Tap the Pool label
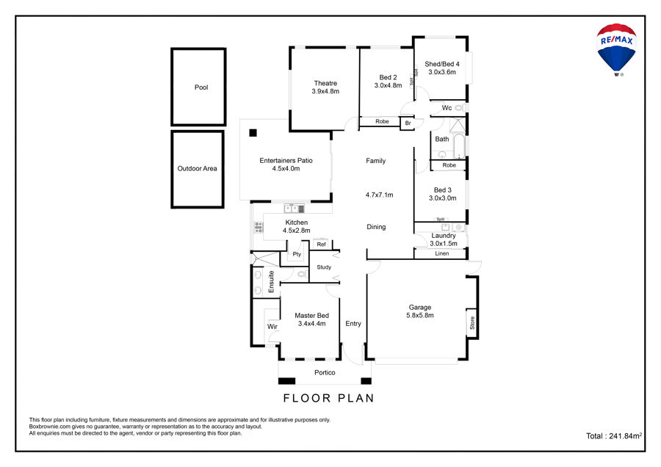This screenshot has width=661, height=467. tap(201, 87)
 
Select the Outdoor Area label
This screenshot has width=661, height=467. tap(197, 169)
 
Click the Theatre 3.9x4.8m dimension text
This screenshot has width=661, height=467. tap(325, 91)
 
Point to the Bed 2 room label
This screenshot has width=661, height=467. tap(388, 78)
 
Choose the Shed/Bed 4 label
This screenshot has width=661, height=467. tap(442, 64)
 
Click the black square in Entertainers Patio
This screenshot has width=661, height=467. tap(253, 133)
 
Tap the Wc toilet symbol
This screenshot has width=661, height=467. tap(460, 108)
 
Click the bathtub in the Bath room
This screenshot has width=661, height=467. tap(458, 146)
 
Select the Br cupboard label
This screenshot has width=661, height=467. tap(408, 123)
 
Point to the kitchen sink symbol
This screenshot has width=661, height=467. tap(294, 209)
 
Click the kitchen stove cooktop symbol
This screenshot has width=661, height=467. tap(258, 227)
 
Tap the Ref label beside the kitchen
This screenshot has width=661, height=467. tap(321, 245)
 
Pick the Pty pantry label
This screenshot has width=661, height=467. tap(297, 254)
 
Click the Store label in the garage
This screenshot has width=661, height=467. tap(472, 323)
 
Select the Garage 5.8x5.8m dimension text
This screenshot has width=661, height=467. tap(420, 315)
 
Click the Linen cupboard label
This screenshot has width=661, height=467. tap(442, 253)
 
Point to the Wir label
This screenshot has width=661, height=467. tap(272, 327)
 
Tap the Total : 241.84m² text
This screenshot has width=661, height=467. tap(614, 436)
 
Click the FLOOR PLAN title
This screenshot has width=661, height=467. tap(328, 398)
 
